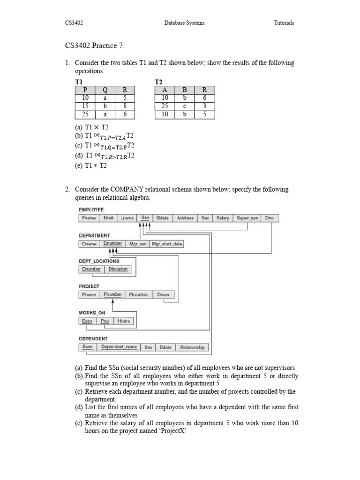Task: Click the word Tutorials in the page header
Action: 284,22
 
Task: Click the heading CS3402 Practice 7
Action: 95,45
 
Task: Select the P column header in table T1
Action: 85,90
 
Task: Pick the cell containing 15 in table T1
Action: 85,106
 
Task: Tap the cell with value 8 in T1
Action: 125,106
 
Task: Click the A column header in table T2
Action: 165,90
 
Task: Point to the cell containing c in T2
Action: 185,106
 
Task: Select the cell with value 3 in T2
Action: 205,106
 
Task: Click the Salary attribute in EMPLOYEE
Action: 223,218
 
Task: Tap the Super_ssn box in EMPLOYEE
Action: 247,218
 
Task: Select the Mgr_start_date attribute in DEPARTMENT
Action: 167,244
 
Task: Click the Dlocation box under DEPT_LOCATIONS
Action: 118,269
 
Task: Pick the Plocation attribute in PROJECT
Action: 138,295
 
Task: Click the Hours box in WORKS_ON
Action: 124,321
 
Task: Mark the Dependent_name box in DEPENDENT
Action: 119,347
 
